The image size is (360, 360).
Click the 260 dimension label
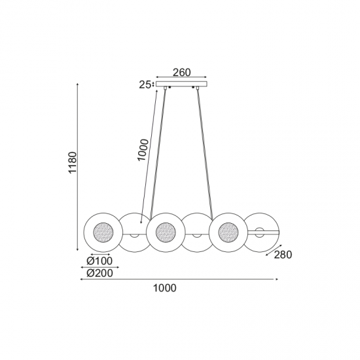181,72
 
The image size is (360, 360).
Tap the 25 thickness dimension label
145,84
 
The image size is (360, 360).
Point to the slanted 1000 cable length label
143,150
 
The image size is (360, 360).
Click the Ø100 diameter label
99,261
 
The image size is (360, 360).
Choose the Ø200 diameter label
100,273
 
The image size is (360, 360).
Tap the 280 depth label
283,255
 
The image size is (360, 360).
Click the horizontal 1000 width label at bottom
164,288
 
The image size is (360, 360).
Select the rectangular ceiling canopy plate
181,84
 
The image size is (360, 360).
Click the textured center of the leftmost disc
103,232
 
